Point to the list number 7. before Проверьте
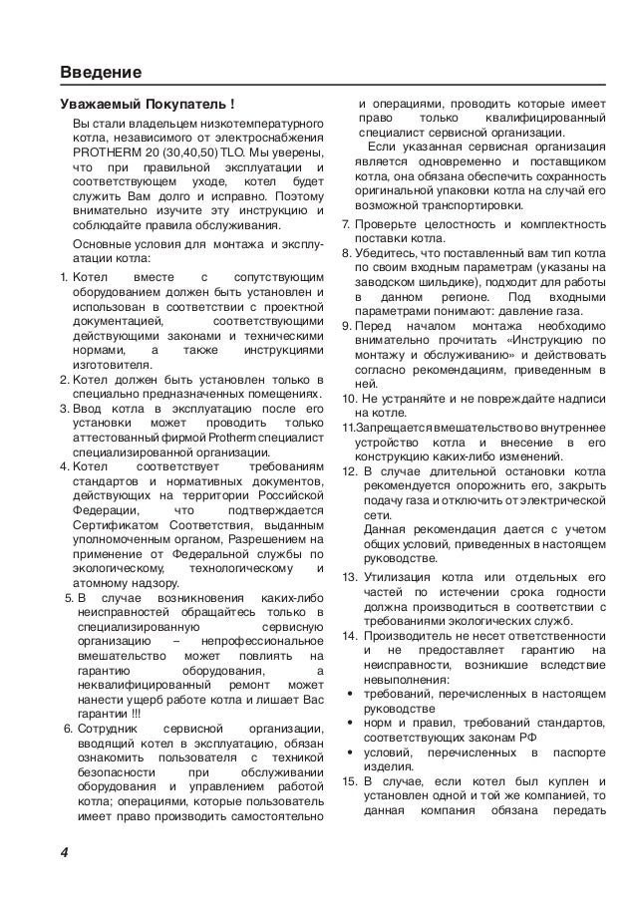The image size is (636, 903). coord(345,222)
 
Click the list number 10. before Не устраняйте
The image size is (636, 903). coord(348,398)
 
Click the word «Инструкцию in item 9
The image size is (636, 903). coord(543,340)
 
